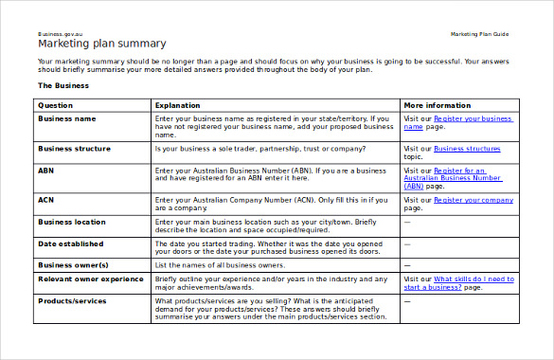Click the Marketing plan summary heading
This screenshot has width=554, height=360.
[x=101, y=44]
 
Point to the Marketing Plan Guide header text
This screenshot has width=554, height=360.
[x=479, y=34]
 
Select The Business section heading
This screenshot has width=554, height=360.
[x=63, y=85]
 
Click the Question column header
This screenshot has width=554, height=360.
[x=55, y=105]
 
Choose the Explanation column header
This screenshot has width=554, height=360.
[x=177, y=105]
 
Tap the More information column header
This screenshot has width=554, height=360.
[x=437, y=105]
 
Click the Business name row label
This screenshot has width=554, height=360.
[x=66, y=119]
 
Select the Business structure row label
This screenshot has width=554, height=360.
[x=74, y=149]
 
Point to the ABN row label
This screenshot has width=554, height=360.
[x=45, y=171]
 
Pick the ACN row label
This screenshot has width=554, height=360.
[x=45, y=200]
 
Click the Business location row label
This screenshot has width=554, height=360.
[x=72, y=222]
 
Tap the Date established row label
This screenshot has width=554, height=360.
[x=69, y=243]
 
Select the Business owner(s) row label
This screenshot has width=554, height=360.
[x=73, y=265]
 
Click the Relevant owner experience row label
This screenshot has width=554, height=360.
[x=91, y=279]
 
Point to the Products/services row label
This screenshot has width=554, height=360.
[x=72, y=301]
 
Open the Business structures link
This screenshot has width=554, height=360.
[x=467, y=149]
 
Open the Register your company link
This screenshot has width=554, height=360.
[x=474, y=200]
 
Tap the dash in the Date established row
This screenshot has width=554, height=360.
[x=407, y=243]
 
